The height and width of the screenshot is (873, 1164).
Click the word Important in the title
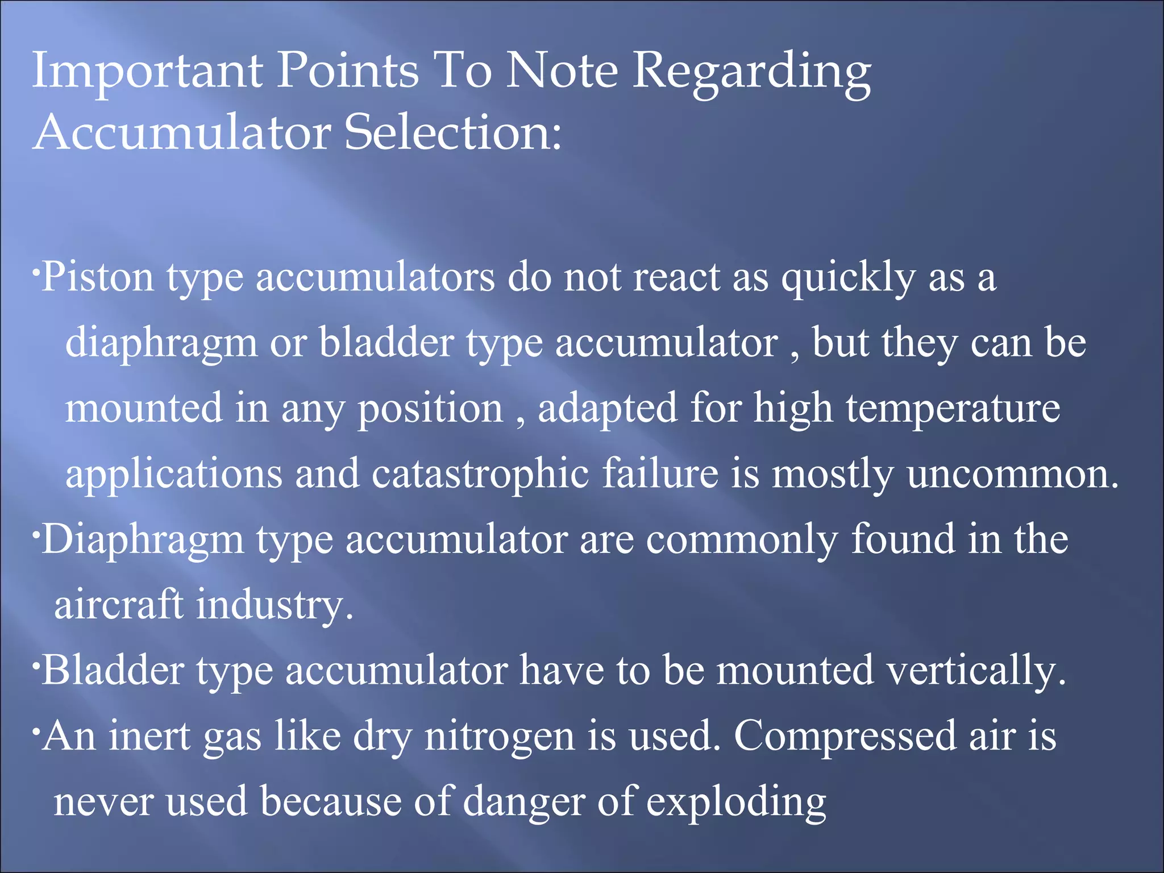(147, 72)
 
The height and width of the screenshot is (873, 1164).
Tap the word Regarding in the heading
(751, 73)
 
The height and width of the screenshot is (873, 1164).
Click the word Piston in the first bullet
(98, 278)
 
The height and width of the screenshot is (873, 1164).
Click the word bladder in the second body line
(386, 343)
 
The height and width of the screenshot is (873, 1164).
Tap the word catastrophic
(480, 473)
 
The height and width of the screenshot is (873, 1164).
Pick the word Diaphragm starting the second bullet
(143, 540)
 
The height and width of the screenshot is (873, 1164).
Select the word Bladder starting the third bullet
(113, 670)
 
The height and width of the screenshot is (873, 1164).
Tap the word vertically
(976, 671)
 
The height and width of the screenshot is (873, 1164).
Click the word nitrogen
(500, 737)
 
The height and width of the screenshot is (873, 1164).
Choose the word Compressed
(845, 737)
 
